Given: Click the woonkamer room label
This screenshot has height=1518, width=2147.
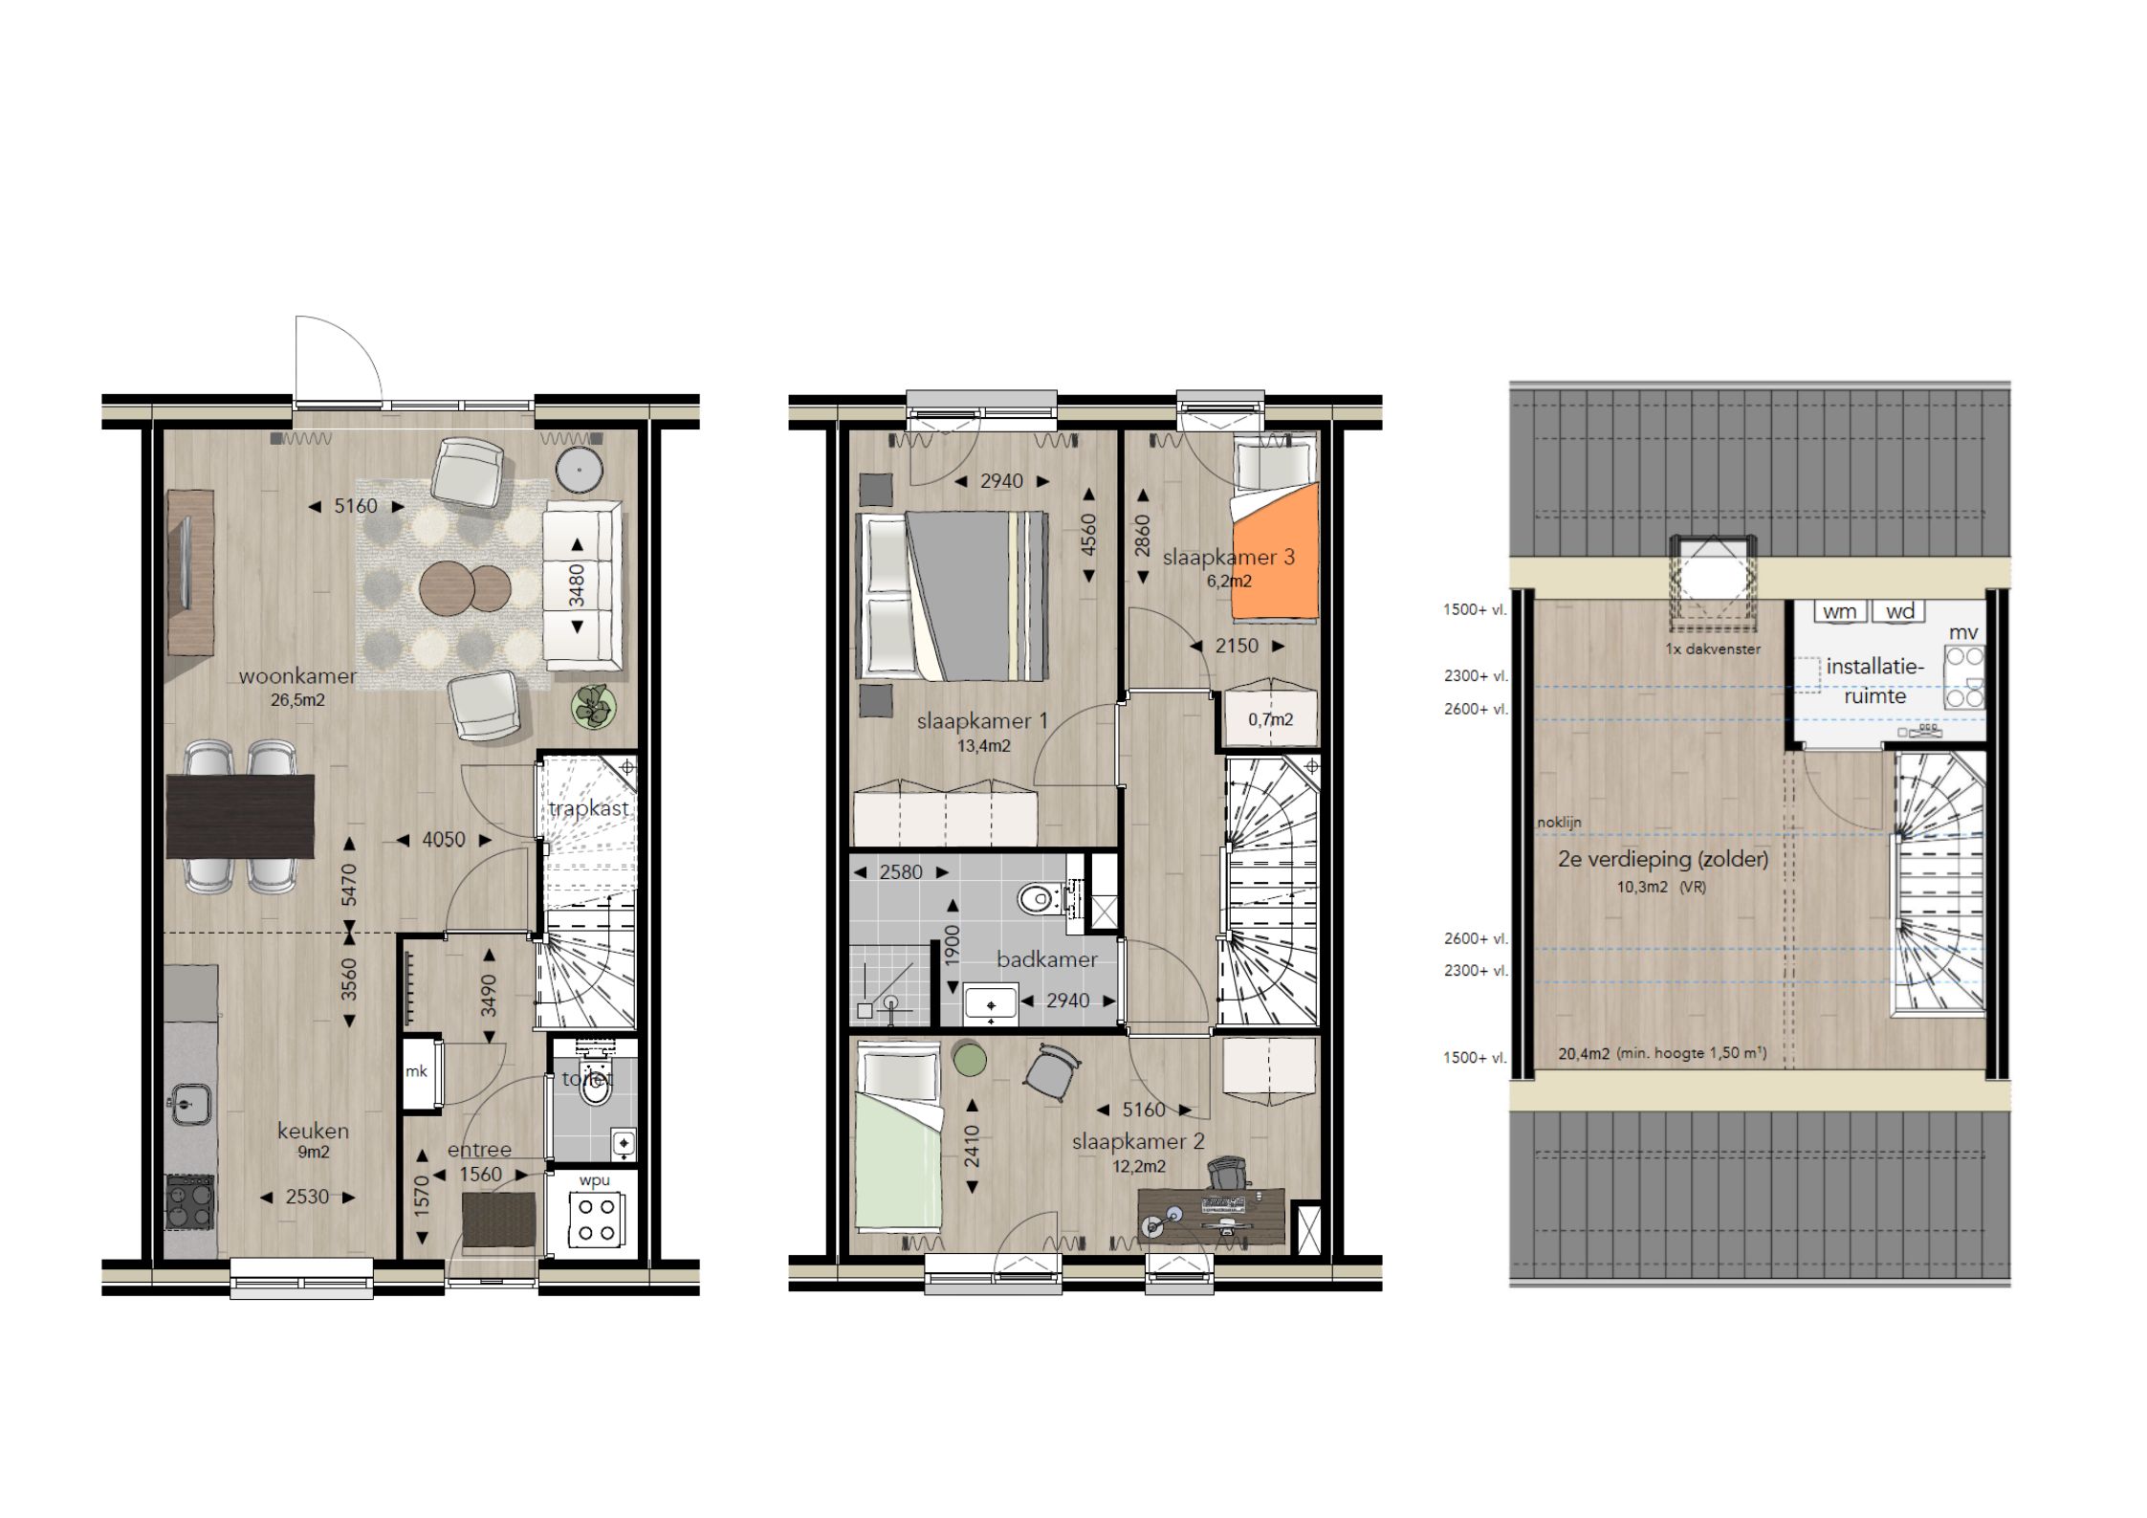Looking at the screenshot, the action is [x=297, y=676].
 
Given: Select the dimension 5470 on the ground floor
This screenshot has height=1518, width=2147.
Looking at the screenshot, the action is [x=349, y=885].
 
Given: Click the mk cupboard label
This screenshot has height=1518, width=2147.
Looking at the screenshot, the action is [x=416, y=1071].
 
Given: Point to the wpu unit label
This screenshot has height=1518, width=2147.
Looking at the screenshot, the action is [x=594, y=1180].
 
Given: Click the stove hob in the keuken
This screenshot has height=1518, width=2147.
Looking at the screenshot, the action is [x=190, y=1202].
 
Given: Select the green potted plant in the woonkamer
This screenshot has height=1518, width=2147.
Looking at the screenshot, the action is [x=597, y=708].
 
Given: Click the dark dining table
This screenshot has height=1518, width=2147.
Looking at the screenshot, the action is [x=240, y=816].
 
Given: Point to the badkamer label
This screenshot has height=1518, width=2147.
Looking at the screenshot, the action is [x=1047, y=959].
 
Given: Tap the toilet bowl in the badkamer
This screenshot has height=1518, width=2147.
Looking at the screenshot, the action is [x=1038, y=900].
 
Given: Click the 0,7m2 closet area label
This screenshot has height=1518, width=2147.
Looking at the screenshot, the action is [x=1270, y=719].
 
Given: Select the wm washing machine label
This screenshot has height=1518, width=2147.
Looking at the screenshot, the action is [x=1839, y=612].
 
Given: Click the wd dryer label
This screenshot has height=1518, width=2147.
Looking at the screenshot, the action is [x=1899, y=612].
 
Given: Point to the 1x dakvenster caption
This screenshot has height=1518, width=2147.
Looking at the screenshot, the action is [x=1713, y=649].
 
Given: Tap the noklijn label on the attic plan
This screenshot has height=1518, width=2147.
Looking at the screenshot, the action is [x=1560, y=822].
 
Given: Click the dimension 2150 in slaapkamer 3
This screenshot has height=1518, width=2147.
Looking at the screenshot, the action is [x=1237, y=646].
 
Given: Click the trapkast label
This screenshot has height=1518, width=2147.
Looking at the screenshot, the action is [x=589, y=808].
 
